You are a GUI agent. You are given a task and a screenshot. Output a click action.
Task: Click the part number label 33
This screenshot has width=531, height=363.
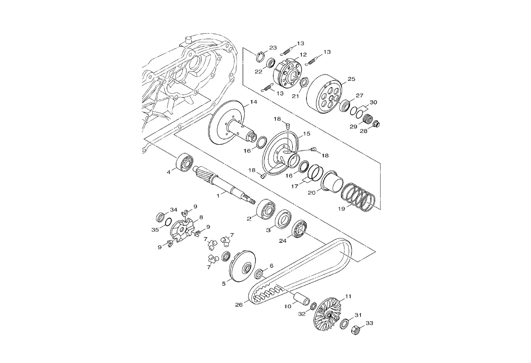tap(369, 323)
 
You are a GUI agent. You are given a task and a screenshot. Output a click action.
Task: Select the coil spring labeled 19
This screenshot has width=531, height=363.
tap(358, 198)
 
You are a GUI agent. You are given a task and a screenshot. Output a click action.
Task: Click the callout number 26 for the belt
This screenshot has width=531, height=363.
tap(239, 305)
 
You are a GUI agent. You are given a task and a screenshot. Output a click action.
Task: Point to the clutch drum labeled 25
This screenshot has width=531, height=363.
tap(324, 92)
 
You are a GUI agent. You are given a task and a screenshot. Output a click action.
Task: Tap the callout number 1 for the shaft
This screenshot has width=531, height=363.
tap(219, 196)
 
